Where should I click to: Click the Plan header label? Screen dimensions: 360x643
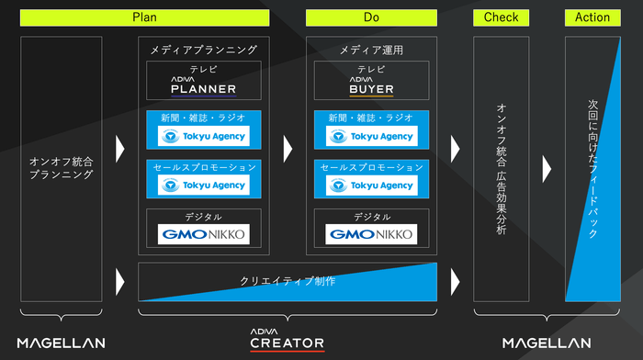pyautogui.click(x=145, y=17)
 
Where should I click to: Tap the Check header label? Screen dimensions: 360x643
pyautogui.click(x=501, y=17)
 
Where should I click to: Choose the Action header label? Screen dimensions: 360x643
pyautogui.click(x=592, y=17)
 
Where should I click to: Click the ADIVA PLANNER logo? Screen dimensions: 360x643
pyautogui.click(x=204, y=85)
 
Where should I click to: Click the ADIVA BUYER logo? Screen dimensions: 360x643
pyautogui.click(x=371, y=85)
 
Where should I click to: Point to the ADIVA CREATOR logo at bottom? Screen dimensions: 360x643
pyautogui.click(x=287, y=341)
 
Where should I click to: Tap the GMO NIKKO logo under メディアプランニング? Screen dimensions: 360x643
pyautogui.click(x=204, y=234)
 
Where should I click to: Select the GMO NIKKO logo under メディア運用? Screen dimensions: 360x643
pyautogui.click(x=371, y=234)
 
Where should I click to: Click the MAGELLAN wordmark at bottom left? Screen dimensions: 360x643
pyautogui.click(x=61, y=343)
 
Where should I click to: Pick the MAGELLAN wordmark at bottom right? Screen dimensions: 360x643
pyautogui.click(x=547, y=343)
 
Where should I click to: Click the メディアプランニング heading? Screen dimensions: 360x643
pyautogui.click(x=204, y=50)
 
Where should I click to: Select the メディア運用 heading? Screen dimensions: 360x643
pyautogui.click(x=371, y=50)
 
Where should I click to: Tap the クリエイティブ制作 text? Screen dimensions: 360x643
pyautogui.click(x=288, y=281)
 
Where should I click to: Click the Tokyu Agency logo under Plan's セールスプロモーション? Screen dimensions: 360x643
pyautogui.click(x=204, y=185)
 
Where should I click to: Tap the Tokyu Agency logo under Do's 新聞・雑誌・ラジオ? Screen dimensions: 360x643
pyautogui.click(x=371, y=136)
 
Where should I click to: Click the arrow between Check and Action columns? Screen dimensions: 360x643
pyautogui.click(x=547, y=168)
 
